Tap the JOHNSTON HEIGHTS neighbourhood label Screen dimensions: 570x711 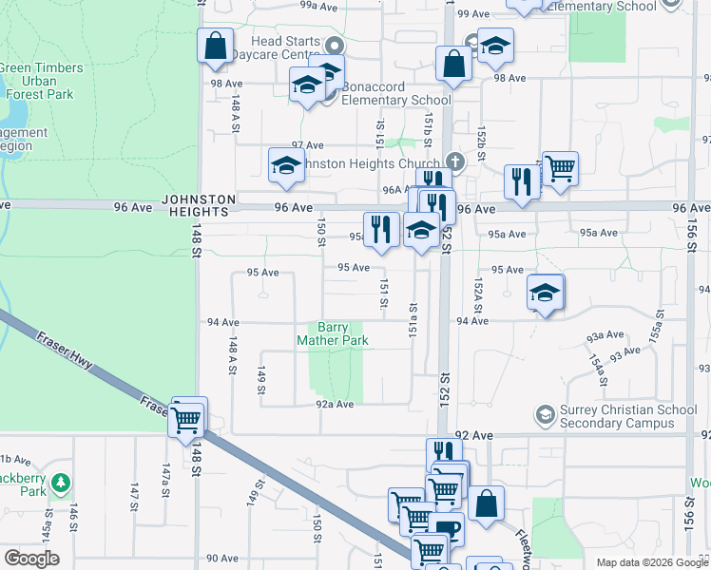pos(198,205)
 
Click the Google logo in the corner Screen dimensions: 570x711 pos(30,559)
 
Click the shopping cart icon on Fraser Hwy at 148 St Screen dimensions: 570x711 pos(188,418)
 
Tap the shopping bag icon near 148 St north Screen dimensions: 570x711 pos(215,45)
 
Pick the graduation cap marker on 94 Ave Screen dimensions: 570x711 pos(546,293)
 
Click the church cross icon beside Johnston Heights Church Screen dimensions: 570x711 pos(455,161)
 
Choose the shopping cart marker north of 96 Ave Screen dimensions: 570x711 pos(561,168)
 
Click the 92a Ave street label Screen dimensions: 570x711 pos(335,404)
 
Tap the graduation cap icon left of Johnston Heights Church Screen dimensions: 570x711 pos(286,165)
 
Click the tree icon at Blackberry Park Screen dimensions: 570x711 pos(61,484)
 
